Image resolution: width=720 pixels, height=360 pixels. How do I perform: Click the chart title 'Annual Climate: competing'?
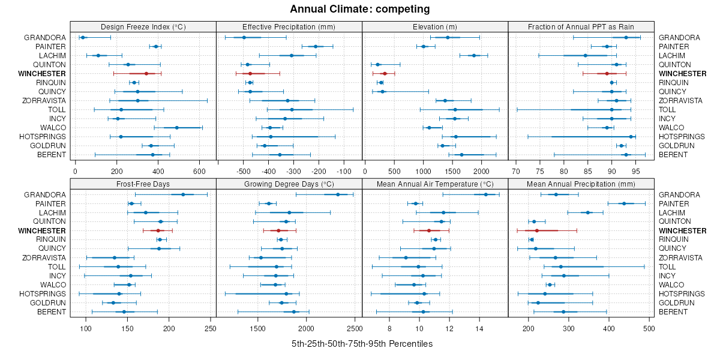click(x=360, y=9)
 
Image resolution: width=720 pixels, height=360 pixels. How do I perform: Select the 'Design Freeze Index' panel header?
click(x=143, y=26)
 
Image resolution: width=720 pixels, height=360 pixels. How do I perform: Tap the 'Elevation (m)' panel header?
click(x=435, y=26)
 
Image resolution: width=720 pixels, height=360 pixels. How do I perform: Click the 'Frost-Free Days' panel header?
click(x=143, y=183)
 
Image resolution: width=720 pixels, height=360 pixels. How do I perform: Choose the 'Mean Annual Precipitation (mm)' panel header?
click(x=581, y=183)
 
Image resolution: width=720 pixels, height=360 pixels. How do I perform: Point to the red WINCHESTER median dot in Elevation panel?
click(x=385, y=73)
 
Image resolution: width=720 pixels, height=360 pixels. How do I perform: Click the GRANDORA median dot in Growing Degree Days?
click(x=338, y=194)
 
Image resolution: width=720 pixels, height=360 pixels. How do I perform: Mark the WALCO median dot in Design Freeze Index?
click(x=176, y=128)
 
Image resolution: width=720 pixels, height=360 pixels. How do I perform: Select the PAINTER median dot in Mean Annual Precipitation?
click(x=624, y=203)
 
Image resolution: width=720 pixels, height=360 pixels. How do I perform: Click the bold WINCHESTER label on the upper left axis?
click(x=42, y=73)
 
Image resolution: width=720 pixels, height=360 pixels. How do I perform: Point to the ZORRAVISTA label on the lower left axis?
click(x=44, y=257)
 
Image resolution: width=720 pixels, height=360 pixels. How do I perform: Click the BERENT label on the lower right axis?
click(x=673, y=312)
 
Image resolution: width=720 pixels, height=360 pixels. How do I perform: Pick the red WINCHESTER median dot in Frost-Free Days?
click(x=158, y=230)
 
